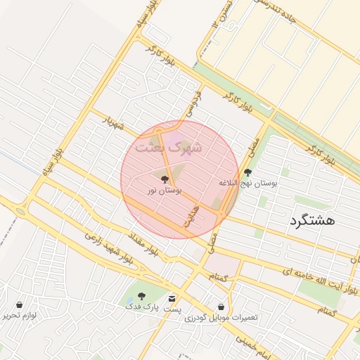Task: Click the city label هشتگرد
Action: [x=311, y=220]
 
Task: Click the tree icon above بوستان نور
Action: [x=165, y=179]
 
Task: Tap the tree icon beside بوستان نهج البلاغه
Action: [x=247, y=172]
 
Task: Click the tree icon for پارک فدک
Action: [x=141, y=296]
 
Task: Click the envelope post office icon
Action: [x=172, y=299]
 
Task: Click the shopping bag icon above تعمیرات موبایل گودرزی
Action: [x=221, y=307]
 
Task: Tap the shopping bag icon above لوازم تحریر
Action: [x=19, y=305]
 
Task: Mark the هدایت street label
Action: [x=191, y=218]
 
